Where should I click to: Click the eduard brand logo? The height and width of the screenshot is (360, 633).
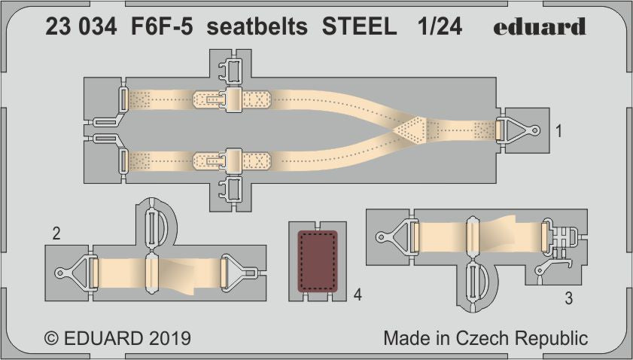(540, 27)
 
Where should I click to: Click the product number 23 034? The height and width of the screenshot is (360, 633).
(81, 28)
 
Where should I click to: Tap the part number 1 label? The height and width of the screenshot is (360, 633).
(558, 131)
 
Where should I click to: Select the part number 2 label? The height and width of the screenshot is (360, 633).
(56, 234)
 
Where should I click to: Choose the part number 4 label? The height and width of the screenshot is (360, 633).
(358, 295)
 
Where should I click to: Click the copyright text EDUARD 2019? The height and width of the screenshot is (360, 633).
(118, 337)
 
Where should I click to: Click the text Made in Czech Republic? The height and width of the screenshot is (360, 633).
(485, 337)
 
